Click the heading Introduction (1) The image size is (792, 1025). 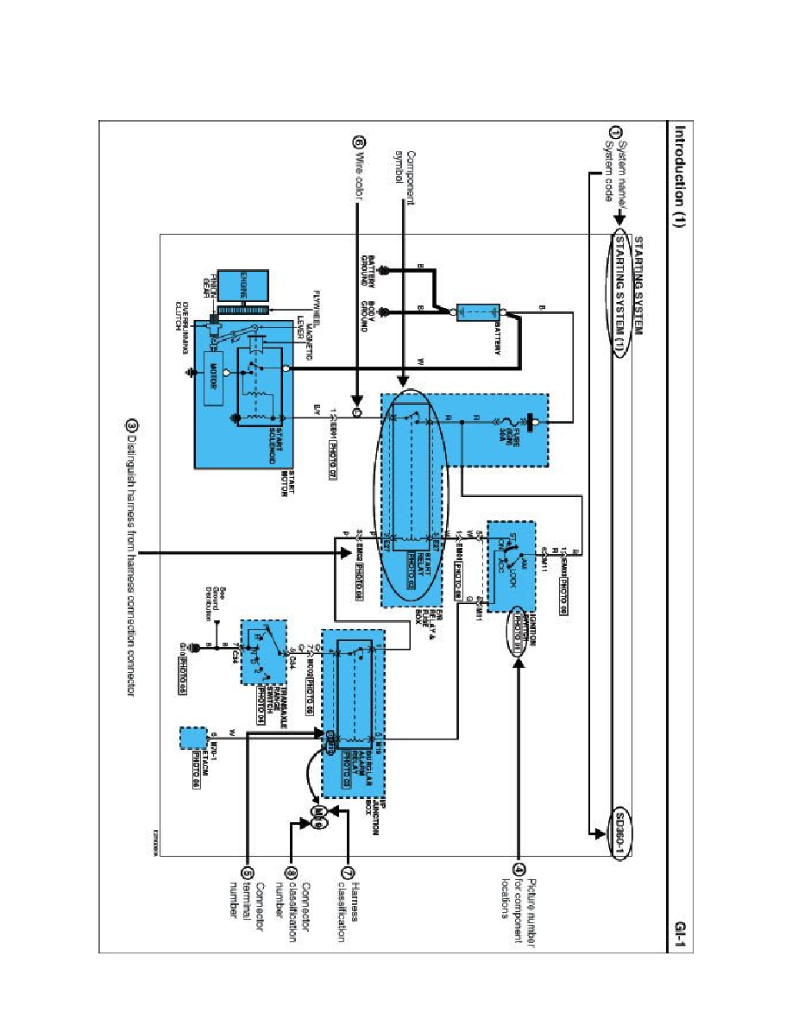[681, 172]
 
